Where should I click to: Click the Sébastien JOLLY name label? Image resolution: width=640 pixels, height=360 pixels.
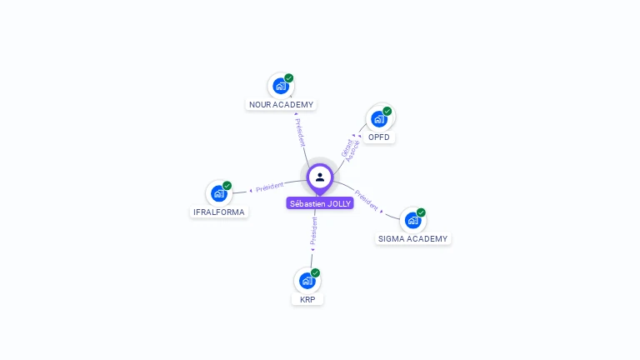pos(320,203)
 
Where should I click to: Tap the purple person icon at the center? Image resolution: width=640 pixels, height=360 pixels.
pos(320,177)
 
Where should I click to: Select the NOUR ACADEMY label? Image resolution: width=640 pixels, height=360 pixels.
pos(282,105)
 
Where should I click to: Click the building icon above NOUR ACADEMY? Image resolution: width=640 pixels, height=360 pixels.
pos(281,85)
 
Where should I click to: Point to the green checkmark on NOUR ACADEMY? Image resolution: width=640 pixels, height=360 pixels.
pos(289,77)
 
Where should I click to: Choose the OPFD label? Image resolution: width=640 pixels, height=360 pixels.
pos(379,137)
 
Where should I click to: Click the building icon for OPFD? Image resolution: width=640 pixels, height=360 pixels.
pos(379,118)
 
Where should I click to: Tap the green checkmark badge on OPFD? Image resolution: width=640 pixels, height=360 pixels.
pos(387,111)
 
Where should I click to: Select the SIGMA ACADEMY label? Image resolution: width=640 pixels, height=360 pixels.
pos(412,238)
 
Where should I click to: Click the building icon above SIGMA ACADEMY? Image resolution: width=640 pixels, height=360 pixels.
pos(412,220)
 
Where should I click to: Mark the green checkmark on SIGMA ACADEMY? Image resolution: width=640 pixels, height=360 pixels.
pos(421,212)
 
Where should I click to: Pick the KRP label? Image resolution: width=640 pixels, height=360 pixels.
pos(307,299)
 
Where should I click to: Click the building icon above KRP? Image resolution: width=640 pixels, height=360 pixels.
pos(307,280)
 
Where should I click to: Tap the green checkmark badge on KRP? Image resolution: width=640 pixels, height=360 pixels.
pos(315,272)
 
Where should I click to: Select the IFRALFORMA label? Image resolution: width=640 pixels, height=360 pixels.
pos(219,212)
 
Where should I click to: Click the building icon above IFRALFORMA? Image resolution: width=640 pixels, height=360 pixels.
pos(218,193)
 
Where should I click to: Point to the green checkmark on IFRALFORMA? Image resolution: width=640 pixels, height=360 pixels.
pos(227,186)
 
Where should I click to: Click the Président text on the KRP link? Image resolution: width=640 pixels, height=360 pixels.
pos(313,232)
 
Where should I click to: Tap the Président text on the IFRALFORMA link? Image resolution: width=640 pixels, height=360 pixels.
pos(269,187)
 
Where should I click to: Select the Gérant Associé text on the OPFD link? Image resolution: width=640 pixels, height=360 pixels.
pos(350,148)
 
